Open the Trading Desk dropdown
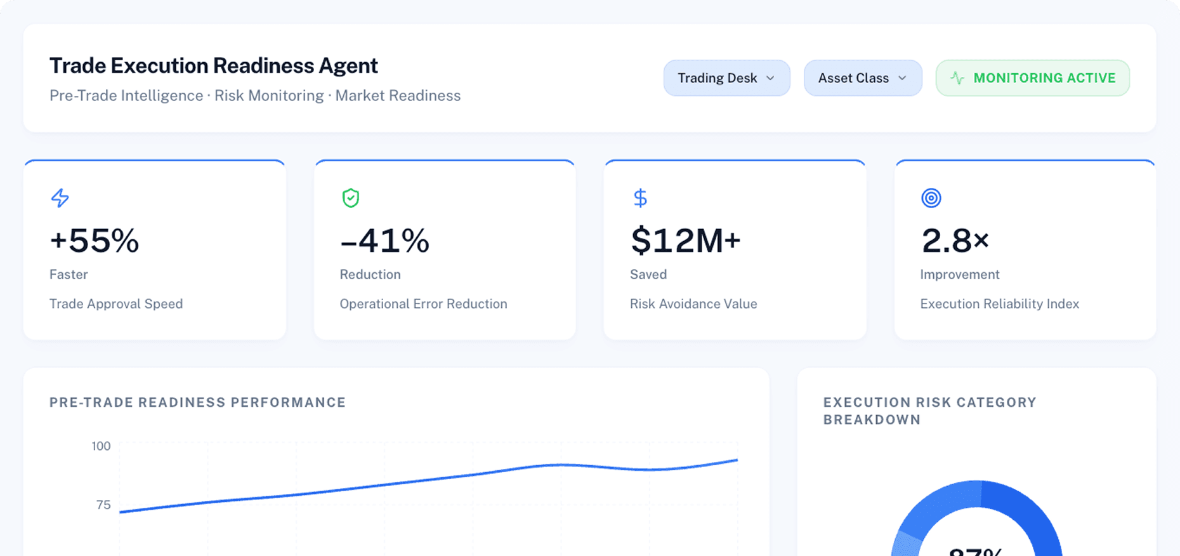(726, 78)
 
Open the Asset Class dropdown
(862, 78)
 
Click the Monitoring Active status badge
(1032, 78)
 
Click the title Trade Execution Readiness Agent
(214, 66)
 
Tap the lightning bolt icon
(60, 198)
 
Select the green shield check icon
(351, 198)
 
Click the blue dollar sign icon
(640, 198)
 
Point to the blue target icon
(931, 198)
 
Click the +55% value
(94, 241)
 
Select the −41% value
(384, 241)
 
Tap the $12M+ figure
(685, 241)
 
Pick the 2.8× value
(955, 241)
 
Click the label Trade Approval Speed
(116, 304)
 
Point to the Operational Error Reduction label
(423, 304)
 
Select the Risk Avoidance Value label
(693, 304)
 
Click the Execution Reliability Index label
(999, 304)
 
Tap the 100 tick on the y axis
(101, 446)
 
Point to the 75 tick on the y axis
(103, 505)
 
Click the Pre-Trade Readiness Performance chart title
(197, 402)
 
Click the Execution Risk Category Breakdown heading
(929, 411)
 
